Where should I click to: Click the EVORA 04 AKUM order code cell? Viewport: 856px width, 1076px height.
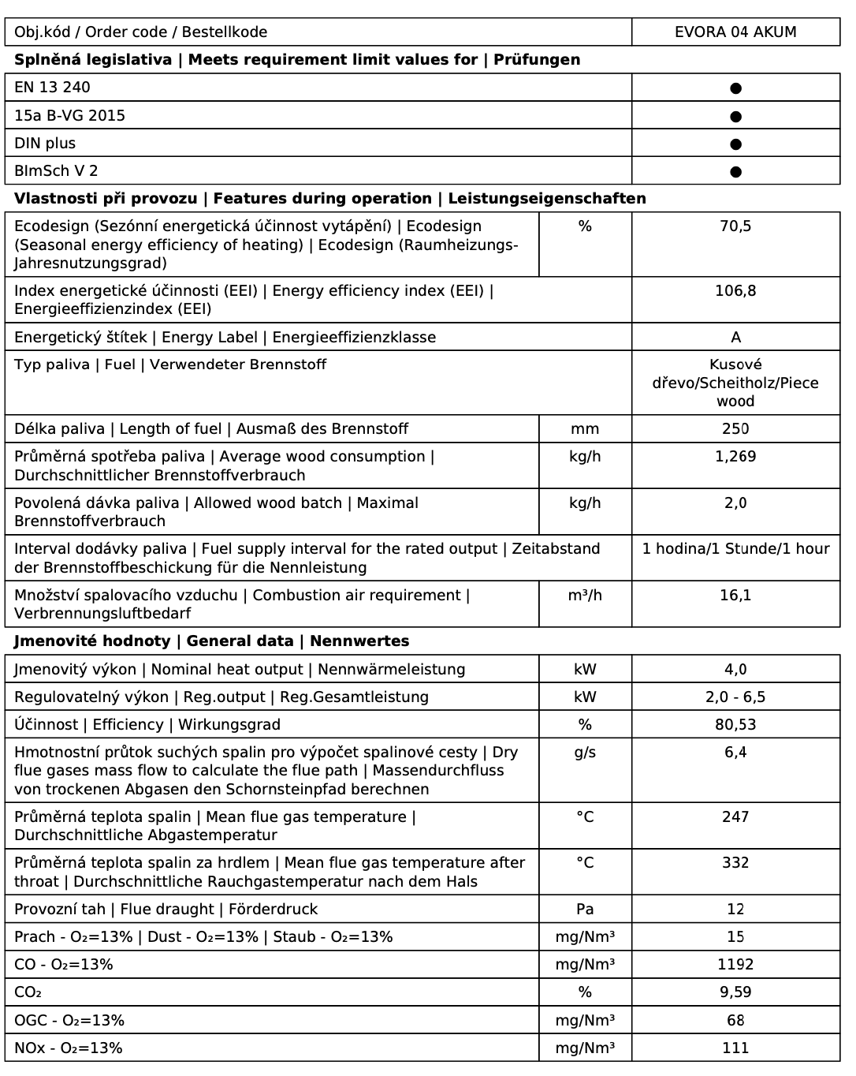point(735,32)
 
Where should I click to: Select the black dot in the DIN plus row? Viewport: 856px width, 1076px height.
point(735,144)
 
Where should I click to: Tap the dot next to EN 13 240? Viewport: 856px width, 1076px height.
point(735,88)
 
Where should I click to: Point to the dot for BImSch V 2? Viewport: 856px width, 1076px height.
point(735,171)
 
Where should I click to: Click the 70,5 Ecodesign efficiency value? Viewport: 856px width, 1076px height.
point(735,226)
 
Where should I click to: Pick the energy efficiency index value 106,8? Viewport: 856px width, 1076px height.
point(735,291)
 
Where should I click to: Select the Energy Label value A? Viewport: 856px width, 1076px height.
point(735,338)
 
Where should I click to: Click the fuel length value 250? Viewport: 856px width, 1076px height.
point(735,429)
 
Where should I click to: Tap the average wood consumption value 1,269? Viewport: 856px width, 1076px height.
point(735,457)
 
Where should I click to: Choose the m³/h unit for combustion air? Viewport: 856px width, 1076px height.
point(585,596)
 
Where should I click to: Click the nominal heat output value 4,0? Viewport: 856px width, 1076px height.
point(735,670)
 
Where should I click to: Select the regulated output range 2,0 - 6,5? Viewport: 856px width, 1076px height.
point(735,697)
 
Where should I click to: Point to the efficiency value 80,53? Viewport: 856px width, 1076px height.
point(735,725)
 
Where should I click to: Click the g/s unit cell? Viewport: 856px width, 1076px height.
point(585,753)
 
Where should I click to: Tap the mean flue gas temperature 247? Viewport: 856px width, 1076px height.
point(735,817)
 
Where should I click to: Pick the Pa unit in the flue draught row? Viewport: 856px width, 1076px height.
point(585,910)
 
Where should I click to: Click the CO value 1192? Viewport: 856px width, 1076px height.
point(735,965)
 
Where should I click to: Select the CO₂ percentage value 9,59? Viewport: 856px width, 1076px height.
point(735,992)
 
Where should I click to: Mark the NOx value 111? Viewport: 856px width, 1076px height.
point(735,1048)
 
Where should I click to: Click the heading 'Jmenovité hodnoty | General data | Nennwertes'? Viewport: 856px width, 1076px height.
point(211,641)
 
